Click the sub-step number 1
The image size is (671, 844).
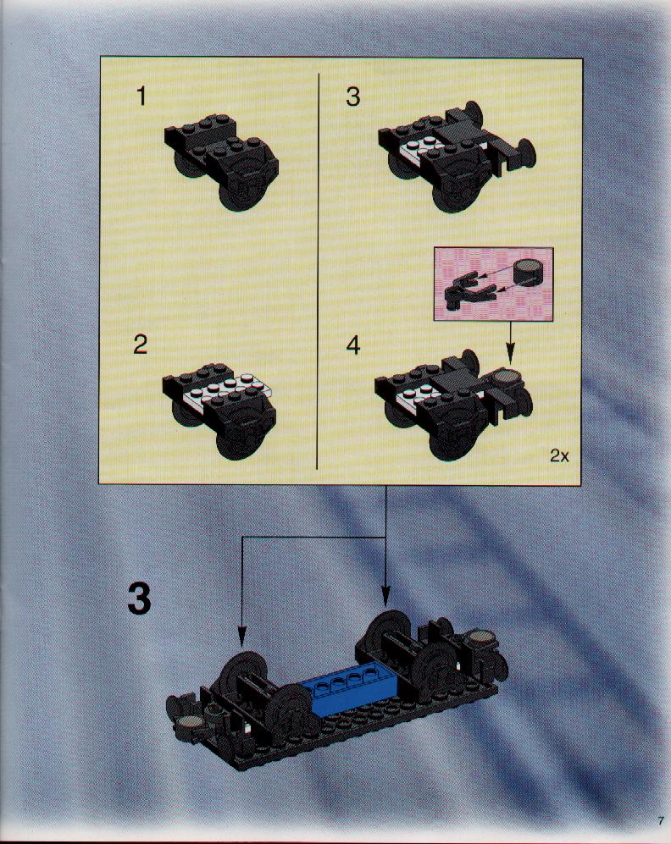pos(141,97)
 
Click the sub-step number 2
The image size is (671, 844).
pos(140,345)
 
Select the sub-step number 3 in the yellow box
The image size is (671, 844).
pos(352,97)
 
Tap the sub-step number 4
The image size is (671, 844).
pos(352,345)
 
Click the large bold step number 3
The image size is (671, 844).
pos(140,599)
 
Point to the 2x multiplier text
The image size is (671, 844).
pos(559,456)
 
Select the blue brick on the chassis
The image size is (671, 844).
pos(350,691)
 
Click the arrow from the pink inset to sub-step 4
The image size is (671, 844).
pos(510,341)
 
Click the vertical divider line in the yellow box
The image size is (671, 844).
pos(319,271)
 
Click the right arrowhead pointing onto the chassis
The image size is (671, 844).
pos(385,598)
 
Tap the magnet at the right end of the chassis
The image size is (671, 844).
pos(481,637)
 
